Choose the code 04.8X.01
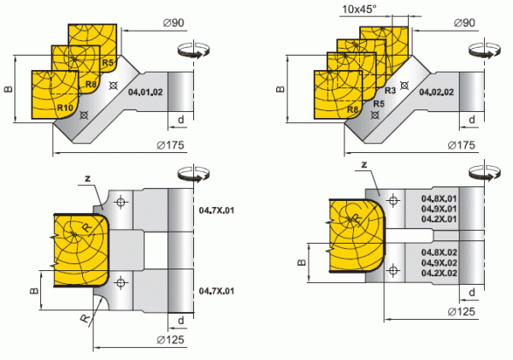439,198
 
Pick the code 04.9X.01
439,208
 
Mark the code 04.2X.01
439,218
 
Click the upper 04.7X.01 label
215,209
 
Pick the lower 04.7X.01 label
215,291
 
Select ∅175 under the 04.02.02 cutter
461,145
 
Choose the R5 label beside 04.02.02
377,101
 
